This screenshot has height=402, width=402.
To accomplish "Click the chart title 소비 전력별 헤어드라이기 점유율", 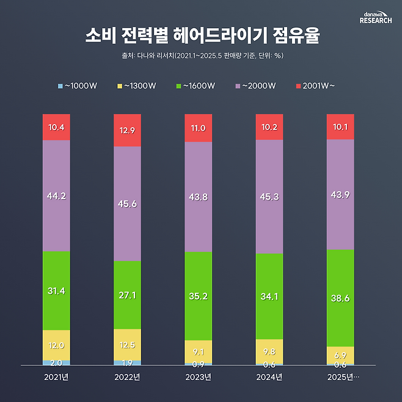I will pos(201,35).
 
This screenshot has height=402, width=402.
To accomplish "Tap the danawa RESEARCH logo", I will pos(376,17).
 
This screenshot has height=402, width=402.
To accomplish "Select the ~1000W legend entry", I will pos(76,86).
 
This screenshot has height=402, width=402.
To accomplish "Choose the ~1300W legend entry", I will pos(136,86).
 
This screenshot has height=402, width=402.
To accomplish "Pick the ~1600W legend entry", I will pos(196,86).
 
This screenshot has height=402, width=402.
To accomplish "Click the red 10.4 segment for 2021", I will pos(56,127).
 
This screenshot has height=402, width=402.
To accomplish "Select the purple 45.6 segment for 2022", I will pos(127,203).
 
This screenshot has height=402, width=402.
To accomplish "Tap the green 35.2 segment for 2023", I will pos(198,296).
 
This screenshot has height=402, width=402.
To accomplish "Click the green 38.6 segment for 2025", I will pos(340,298).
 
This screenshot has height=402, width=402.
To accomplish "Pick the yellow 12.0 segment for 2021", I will pos(56,345).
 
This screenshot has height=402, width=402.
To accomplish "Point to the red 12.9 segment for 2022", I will pos(127,130).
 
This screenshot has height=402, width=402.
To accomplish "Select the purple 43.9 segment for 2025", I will pos(340,194).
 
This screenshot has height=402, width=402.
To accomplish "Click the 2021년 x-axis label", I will pos(56,378).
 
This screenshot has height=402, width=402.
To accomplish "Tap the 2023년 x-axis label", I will pos(198,378).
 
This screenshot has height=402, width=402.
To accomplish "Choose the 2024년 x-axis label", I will pos(269,378).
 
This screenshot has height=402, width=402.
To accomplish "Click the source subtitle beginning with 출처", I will pos(201,56).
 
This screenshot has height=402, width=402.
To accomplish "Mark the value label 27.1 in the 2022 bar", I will pos(127,295).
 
